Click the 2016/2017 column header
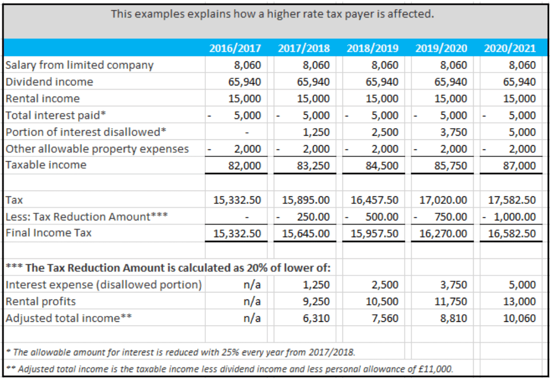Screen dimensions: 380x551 point(235,48)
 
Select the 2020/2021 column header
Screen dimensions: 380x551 point(509,48)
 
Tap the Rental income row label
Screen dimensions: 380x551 point(43,98)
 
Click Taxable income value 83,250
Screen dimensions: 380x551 point(314,165)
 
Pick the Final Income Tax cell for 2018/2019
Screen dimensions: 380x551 point(374,233)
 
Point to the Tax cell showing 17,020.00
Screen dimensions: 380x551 point(443,200)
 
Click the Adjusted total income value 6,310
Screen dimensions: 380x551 point(317,319)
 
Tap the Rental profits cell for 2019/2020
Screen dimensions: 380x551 point(451,302)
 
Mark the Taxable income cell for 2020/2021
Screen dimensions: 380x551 point(519,165)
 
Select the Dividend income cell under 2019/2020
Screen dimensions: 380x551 point(451,82)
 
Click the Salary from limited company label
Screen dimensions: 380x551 point(79,65)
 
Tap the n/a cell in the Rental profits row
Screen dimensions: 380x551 point(251,302)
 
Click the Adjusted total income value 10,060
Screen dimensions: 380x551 point(519,319)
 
